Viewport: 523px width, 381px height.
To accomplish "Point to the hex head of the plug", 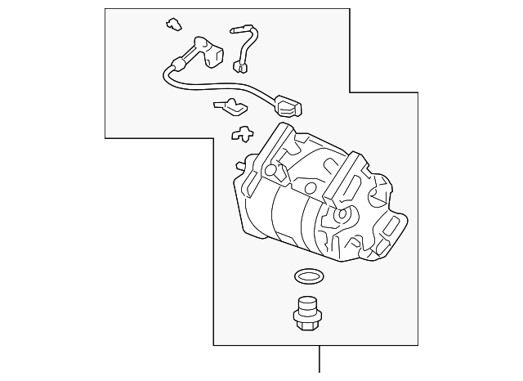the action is pos(306,321).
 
